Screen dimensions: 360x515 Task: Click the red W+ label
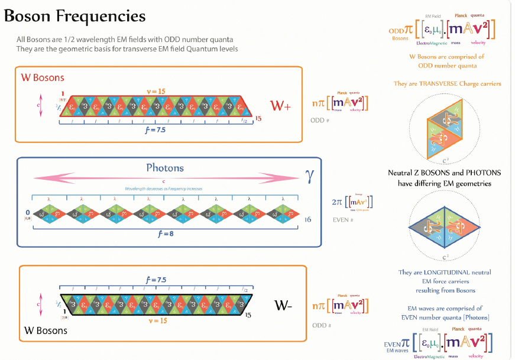click(283, 106)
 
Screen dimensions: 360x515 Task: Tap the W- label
click(283, 306)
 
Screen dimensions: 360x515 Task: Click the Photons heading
click(165, 168)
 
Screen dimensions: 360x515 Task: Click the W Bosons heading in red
click(43, 77)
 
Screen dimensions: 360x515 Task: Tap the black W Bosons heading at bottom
click(46, 330)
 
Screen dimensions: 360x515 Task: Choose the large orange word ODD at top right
click(396, 31)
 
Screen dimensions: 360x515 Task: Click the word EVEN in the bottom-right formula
click(393, 343)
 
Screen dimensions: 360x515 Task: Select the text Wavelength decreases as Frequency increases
click(164, 188)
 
